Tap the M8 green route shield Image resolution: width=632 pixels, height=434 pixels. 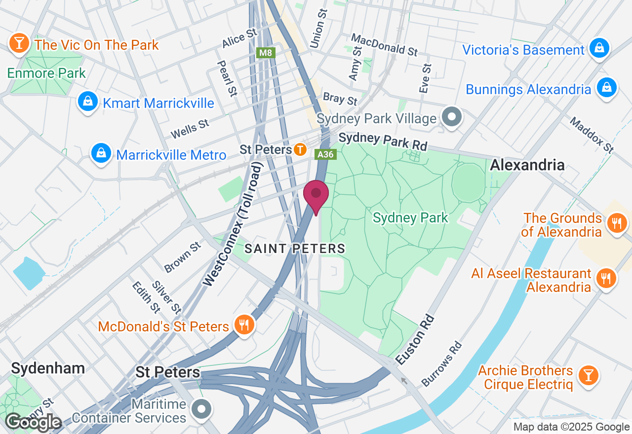click(266, 52)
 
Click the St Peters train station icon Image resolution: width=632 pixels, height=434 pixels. click(300, 149)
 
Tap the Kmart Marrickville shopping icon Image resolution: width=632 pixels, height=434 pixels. click(87, 102)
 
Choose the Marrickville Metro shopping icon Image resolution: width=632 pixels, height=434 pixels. click(101, 154)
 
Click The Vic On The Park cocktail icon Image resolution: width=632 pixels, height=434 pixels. click(19, 44)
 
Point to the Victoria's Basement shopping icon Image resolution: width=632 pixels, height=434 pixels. click(599, 49)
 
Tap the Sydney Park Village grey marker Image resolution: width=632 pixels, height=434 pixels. click(451, 117)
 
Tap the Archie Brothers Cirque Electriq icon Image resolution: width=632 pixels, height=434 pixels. click(588, 375)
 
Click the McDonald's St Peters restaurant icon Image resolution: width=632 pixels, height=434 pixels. click(244, 325)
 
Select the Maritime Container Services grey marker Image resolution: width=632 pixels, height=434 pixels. click(201, 409)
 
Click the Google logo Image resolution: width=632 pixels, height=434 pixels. click(33, 422)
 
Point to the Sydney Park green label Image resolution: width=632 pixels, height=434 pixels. click(410, 217)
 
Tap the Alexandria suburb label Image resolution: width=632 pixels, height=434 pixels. click(527, 165)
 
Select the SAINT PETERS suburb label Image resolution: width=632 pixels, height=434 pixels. click(295, 249)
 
